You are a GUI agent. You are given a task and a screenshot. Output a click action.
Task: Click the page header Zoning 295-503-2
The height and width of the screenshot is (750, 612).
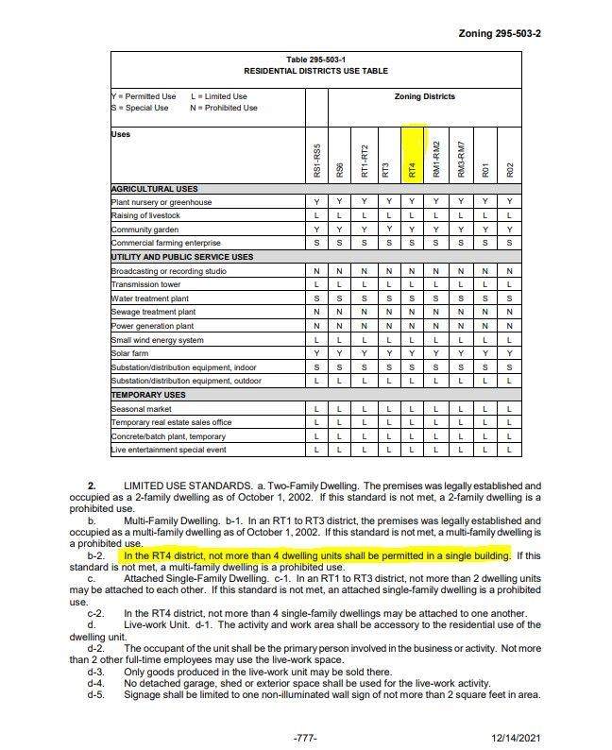pyautogui.click(x=499, y=33)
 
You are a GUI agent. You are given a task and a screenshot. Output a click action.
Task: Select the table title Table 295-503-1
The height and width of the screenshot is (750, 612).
pyautogui.click(x=315, y=60)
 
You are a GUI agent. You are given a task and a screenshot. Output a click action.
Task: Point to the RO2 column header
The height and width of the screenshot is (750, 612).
pyautogui.click(x=509, y=170)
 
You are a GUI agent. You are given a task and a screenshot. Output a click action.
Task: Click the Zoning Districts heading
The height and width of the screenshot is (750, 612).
pyautogui.click(x=424, y=96)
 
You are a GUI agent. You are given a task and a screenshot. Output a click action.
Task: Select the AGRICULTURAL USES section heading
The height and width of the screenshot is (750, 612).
pyautogui.click(x=155, y=189)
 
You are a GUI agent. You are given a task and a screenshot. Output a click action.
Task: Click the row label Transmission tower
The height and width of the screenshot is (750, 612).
pyautogui.click(x=145, y=284)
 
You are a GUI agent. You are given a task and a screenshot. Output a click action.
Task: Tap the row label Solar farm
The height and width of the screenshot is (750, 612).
pyautogui.click(x=131, y=353)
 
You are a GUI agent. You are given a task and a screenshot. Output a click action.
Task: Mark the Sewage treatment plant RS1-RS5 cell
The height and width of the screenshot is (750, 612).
pyautogui.click(x=316, y=312)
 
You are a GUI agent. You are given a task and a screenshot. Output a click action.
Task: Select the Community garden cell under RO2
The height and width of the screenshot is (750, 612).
pyautogui.click(x=509, y=230)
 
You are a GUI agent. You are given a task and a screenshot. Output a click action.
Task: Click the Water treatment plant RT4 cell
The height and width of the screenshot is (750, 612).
pyautogui.click(x=412, y=298)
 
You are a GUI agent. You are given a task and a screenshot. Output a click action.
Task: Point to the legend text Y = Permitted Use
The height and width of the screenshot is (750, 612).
pyautogui.click(x=144, y=96)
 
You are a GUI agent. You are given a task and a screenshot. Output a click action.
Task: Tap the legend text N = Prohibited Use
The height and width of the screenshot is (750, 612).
pyautogui.click(x=224, y=108)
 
